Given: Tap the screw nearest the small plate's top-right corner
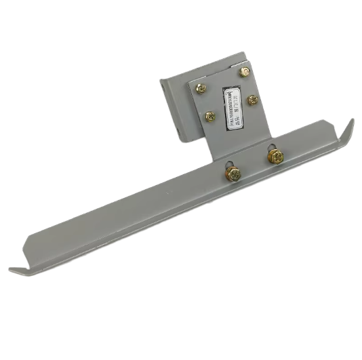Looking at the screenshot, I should [x=245, y=73].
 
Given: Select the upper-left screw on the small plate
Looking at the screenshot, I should [x=201, y=89].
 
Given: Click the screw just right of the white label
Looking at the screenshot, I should [x=252, y=100].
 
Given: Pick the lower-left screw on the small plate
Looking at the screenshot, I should [x=210, y=116].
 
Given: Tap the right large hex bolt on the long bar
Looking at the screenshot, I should [x=275, y=156].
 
